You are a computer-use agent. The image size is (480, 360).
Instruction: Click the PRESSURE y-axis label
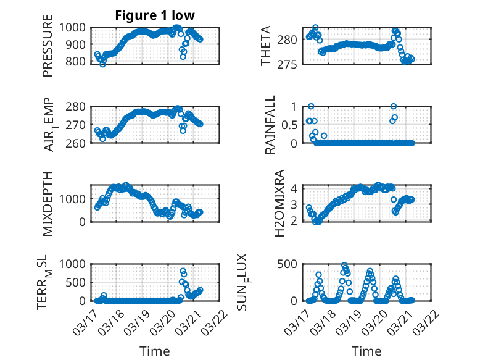point(48,51)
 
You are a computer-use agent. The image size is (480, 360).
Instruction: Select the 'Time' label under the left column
point(155,351)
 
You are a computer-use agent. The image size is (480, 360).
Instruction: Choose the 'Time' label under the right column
point(366,351)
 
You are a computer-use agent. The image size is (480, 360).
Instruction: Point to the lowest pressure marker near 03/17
point(102,64)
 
